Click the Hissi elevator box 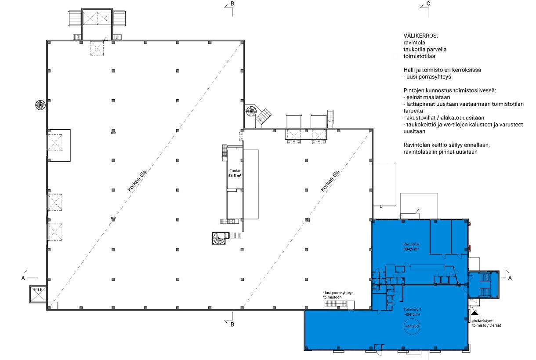[38, 294]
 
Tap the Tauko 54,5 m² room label [235, 173]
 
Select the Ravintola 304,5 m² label [411, 247]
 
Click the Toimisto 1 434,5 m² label [412, 312]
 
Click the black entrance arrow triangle [475, 313]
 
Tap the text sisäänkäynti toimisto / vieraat [486, 323]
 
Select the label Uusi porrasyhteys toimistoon [338, 295]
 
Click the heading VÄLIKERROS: [420, 36]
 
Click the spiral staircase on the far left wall [40, 105]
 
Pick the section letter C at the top [428, 4]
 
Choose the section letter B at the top [232, 4]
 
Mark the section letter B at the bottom [232, 324]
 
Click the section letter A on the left [23, 278]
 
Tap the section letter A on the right [510, 278]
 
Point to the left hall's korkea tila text [137, 181]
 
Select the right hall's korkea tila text [330, 181]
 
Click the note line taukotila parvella [425, 50]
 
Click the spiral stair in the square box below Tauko [219, 238]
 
